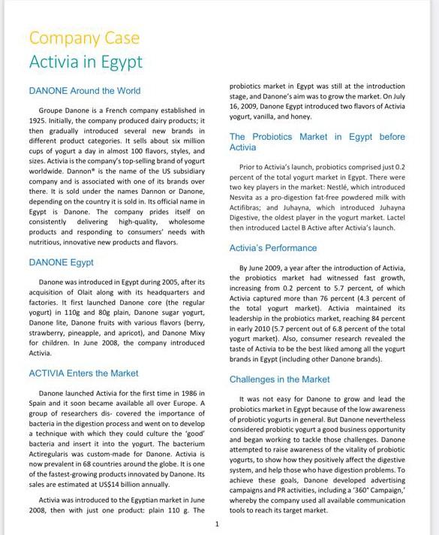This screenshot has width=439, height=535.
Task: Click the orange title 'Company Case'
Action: tap(84, 38)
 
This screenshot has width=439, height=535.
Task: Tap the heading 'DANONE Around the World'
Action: tap(84, 91)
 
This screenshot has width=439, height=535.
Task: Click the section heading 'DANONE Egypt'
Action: tap(61, 262)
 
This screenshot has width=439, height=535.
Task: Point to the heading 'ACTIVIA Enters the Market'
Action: tap(83, 373)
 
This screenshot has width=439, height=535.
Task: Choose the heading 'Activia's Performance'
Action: tap(273, 248)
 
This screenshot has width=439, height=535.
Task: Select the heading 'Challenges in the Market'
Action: tap(279, 379)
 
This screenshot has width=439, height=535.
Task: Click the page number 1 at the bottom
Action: tap(217, 523)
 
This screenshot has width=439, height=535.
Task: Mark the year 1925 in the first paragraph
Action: tap(38, 120)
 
